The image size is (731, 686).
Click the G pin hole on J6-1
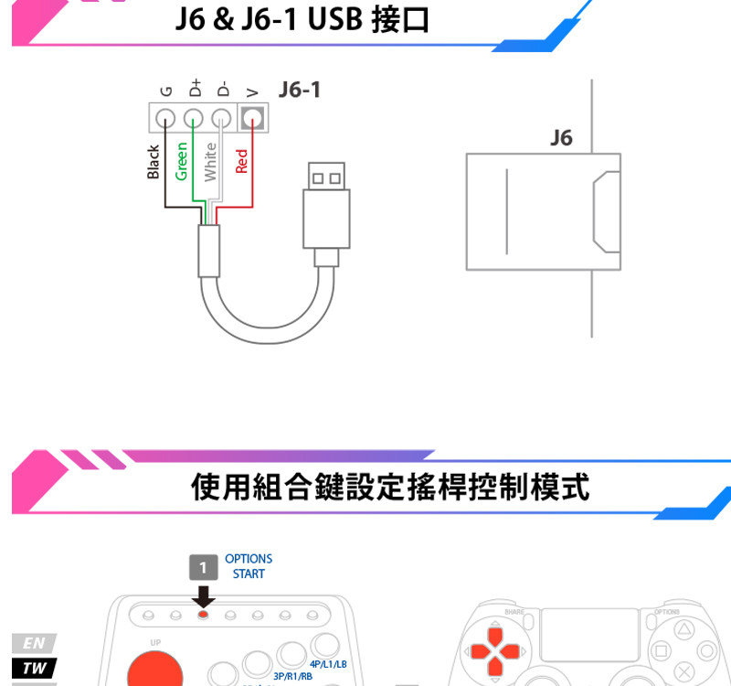pos(165,118)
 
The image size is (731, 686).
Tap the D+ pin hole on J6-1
pos(194,118)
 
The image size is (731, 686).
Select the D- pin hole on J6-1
pos(221,118)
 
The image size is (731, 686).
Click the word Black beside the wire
pos(154,162)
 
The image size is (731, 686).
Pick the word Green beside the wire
pos(182,161)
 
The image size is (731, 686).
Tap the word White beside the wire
pos(211,161)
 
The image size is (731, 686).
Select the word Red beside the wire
pos(241,161)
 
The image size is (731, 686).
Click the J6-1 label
pos(300,90)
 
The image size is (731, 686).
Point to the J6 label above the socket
pos(561,138)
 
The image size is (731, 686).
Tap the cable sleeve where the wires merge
pos(209,250)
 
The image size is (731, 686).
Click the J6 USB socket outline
pos(544,212)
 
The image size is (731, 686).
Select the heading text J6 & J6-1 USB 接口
pos(302,19)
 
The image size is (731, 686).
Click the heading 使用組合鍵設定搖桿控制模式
pos(390,487)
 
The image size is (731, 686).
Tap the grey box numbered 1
pos(204,567)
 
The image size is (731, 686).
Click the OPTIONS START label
pos(249,566)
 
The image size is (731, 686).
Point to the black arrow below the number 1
pos(204,597)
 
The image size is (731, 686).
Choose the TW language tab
pos(34,668)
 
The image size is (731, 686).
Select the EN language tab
pos(34,642)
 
